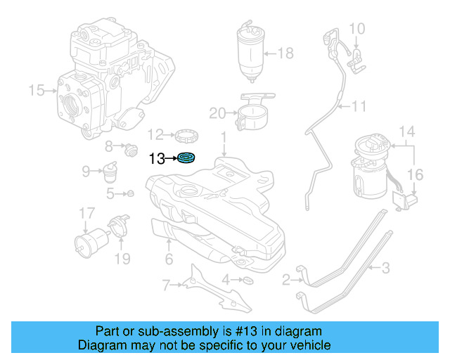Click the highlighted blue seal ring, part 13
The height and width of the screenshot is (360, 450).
(186, 158)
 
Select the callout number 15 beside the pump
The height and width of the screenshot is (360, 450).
(36, 90)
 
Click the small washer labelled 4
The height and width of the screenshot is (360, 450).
(247, 281)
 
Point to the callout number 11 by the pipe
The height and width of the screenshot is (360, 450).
(359, 107)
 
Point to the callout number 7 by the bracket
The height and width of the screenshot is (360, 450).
(166, 285)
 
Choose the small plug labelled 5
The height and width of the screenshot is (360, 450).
(129, 193)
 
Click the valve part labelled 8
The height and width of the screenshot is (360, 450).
(129, 148)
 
